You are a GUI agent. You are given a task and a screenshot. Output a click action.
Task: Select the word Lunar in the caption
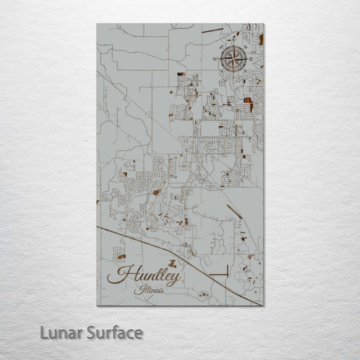(61, 332)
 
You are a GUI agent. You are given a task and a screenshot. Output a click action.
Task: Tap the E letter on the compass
(251, 59)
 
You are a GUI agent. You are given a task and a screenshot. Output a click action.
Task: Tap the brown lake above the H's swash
(121, 257)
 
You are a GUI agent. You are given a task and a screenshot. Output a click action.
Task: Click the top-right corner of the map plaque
(263, 23)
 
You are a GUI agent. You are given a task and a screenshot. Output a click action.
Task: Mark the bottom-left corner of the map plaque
(97, 305)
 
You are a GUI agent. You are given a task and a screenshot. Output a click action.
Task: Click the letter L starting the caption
(44, 332)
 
